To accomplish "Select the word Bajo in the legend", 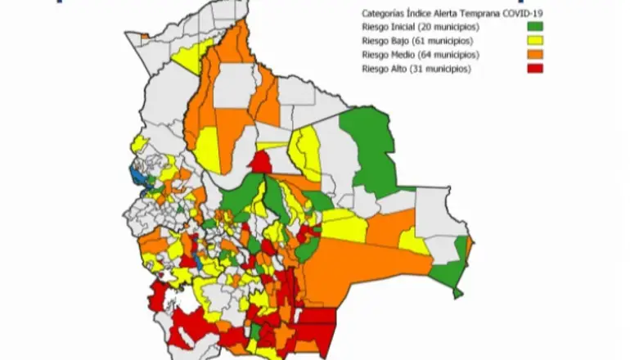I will (396, 41).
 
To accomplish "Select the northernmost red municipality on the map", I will (263, 161).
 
